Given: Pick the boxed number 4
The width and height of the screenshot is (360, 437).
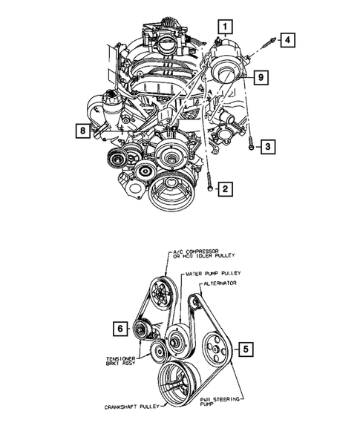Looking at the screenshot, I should (x=285, y=39).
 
